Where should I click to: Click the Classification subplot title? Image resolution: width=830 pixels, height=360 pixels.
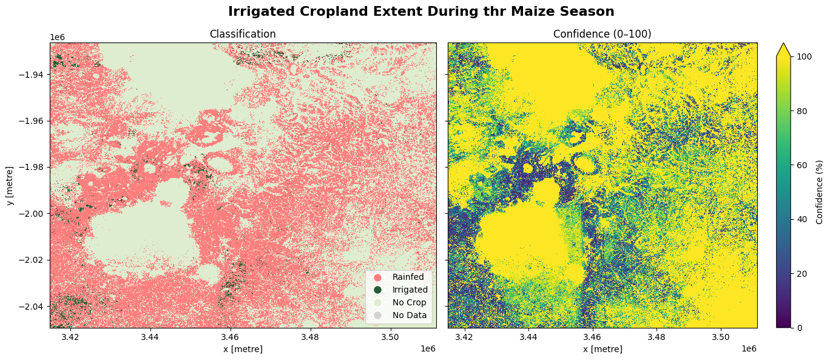pyautogui.click(x=243, y=35)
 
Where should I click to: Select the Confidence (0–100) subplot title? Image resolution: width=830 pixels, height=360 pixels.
pyautogui.click(x=602, y=35)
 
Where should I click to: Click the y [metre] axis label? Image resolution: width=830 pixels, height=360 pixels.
pyautogui.click(x=10, y=185)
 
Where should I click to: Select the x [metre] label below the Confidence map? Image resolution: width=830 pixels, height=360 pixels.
pyautogui.click(x=602, y=349)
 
